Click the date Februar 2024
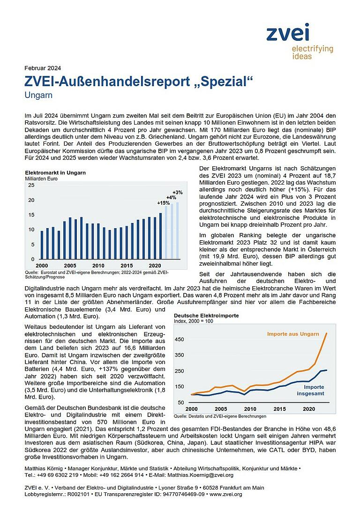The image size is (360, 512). click(42, 67)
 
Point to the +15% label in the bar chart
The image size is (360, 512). click(163, 203)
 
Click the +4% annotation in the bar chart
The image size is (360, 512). click(171, 198)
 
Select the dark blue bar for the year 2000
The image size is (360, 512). click(42, 245)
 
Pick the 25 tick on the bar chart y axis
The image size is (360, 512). click(31, 185)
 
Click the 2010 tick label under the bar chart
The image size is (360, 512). click(98, 266)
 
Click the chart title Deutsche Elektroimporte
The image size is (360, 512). click(206, 316)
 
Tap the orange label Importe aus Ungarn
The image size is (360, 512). click(293, 334)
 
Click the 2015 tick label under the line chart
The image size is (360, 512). click(279, 409)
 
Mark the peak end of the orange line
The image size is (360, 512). click(326, 334)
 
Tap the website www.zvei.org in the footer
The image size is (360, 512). click(226, 494)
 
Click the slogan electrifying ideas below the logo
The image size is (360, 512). click(312, 52)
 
